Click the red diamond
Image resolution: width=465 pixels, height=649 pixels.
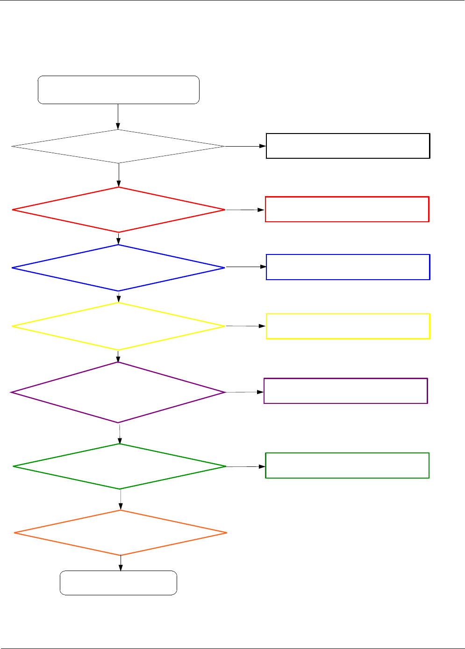(119, 210)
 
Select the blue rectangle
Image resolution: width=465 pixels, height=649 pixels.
(348, 267)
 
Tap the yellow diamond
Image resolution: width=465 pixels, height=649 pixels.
(119, 326)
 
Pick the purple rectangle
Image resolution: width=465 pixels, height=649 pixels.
(346, 391)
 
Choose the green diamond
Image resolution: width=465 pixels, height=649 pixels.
(120, 466)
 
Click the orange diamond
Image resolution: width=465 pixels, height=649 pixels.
(121, 533)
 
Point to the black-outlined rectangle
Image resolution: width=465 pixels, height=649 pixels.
(348, 146)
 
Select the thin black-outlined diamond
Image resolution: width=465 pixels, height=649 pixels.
(118, 147)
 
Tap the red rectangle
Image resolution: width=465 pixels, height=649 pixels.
(347, 209)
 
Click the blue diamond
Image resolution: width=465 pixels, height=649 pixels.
(119, 268)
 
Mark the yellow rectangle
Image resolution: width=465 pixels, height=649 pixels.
(348, 326)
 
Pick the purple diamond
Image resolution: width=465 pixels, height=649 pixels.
(119, 393)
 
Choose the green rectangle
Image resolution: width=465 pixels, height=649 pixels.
(347, 466)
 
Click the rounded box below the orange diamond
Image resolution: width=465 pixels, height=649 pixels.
(118, 583)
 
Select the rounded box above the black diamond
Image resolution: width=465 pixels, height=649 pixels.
(118, 90)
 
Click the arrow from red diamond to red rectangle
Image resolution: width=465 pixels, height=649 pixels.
(245, 210)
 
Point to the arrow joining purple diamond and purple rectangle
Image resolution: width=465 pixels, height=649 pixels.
(245, 392)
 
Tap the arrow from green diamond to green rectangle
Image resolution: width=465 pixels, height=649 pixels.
(246, 466)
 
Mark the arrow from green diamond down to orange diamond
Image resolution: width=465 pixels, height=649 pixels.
(121, 500)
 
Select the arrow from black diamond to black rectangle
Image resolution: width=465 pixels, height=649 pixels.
(245, 146)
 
